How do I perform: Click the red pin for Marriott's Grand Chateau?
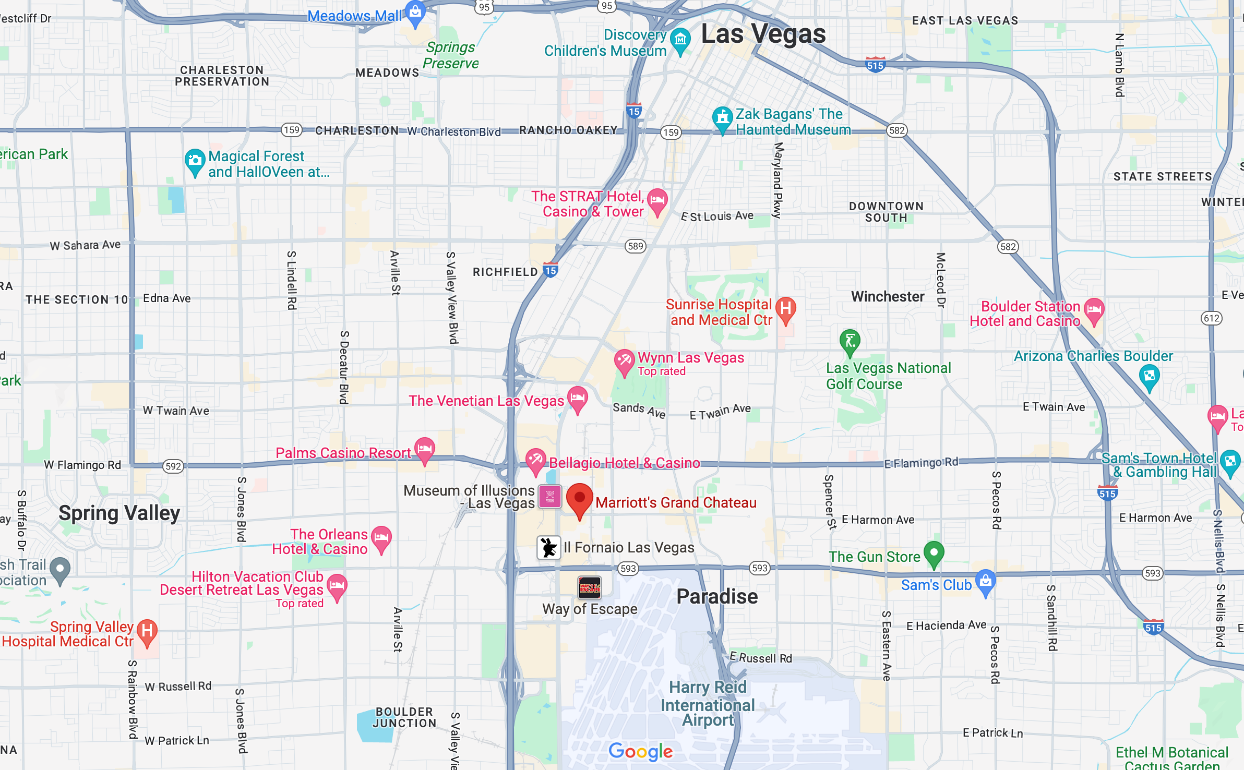[x=579, y=499]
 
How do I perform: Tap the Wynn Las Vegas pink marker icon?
[x=624, y=360]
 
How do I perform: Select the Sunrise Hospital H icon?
[x=786, y=308]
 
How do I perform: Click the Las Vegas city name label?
[x=763, y=34]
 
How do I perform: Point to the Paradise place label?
[x=717, y=596]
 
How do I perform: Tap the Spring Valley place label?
[x=119, y=513]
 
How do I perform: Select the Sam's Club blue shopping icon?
[x=985, y=581]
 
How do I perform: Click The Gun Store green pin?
[x=934, y=553]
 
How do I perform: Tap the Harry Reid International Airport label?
[x=708, y=704]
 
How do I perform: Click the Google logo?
[x=641, y=751]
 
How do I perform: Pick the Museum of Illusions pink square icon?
[x=549, y=497]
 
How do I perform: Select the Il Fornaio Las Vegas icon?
[x=548, y=548]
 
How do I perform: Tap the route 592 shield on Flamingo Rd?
[x=173, y=466]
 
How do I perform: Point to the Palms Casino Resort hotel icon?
[x=425, y=449]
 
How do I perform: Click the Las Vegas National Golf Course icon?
[x=850, y=341]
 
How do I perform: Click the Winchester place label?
[x=888, y=297]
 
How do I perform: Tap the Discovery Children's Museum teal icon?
[x=680, y=40]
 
